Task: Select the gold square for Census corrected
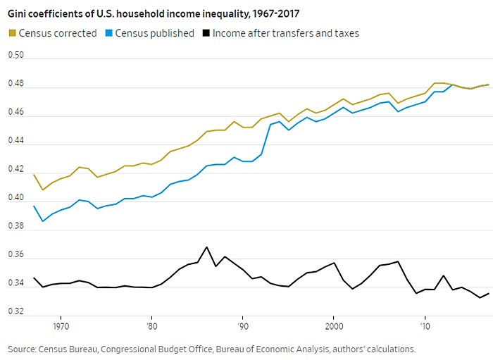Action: click(13, 33)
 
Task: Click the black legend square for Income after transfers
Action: click(206, 33)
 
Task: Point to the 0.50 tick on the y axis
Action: click(15, 55)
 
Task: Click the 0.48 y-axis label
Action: click(15, 84)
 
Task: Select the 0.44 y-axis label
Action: click(15, 141)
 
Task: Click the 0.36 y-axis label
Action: click(15, 255)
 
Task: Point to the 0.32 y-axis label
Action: click(15, 311)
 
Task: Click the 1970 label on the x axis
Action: click(61, 327)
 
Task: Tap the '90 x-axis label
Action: click(243, 327)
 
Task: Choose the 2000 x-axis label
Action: click(334, 327)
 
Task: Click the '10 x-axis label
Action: click(425, 327)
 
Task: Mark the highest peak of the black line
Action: click(206, 247)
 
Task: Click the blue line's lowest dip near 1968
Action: click(42, 221)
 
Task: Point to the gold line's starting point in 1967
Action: click(33, 174)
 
